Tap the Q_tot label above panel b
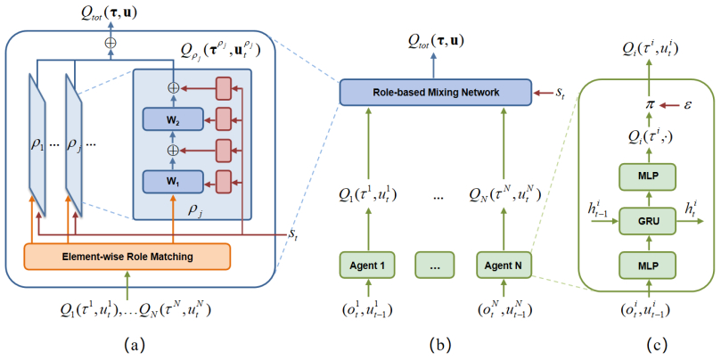[436, 40]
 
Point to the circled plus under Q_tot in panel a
[111, 41]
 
